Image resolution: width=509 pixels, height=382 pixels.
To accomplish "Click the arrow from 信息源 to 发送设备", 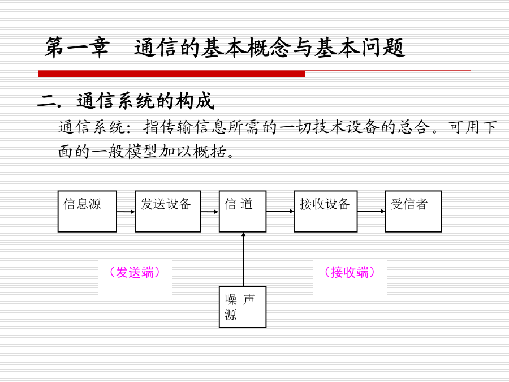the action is click(x=126, y=212).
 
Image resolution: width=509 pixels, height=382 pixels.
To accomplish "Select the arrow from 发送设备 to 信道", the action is click(x=210, y=212).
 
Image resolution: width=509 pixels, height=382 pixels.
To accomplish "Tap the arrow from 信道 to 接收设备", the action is click(x=280, y=212).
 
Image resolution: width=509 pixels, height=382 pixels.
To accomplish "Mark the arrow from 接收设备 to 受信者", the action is click(x=372, y=212).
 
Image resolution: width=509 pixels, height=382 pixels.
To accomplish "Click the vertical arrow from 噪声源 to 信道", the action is click(x=243, y=259).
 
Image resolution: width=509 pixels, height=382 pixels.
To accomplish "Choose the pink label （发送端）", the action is click(x=135, y=272).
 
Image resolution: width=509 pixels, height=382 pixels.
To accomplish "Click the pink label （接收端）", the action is click(x=350, y=272).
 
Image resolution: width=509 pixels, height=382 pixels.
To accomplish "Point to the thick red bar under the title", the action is click(x=172, y=74).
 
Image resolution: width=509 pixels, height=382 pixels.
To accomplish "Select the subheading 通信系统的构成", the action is click(x=145, y=101).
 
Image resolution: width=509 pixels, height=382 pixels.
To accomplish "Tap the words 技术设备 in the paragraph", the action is click(x=346, y=127).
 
